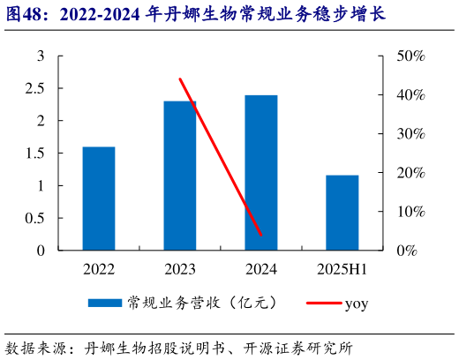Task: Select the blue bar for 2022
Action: (99, 199)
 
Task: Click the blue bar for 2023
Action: (180, 176)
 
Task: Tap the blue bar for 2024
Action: (261, 173)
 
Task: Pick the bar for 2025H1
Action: (342, 213)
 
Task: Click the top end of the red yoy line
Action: (180, 79)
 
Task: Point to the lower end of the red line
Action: (262, 236)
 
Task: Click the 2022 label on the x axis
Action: (99, 268)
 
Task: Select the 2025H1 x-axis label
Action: (342, 268)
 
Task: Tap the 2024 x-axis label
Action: (261, 268)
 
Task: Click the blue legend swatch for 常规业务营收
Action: (104, 303)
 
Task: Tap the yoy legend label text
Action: (356, 304)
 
